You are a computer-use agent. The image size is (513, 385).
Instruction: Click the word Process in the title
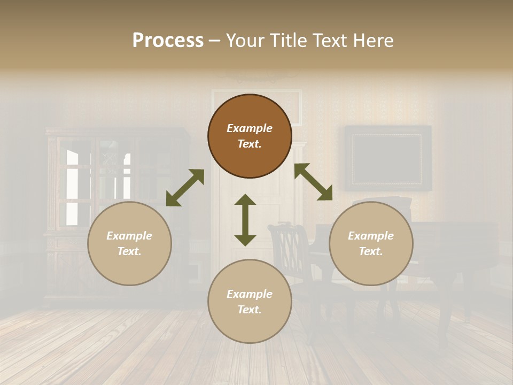click(168, 41)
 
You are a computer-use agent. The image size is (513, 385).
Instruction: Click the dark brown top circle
click(250, 136)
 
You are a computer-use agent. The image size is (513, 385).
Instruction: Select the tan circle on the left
click(129, 243)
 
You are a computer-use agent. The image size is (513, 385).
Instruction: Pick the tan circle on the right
click(371, 243)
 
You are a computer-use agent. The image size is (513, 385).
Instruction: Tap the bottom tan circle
click(250, 301)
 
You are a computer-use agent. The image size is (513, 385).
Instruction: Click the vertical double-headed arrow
click(245, 220)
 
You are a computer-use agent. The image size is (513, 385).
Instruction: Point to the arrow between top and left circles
click(185, 188)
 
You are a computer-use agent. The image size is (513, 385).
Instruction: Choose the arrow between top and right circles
click(313, 182)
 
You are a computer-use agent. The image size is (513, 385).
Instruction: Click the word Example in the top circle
click(250, 128)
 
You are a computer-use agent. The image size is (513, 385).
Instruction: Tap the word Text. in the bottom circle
click(250, 310)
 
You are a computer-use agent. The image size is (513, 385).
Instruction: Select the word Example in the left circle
click(129, 236)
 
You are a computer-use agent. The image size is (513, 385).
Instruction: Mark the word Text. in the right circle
click(371, 251)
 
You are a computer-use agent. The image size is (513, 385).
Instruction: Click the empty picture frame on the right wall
click(387, 158)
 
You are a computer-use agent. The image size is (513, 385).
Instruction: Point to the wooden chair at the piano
click(291, 262)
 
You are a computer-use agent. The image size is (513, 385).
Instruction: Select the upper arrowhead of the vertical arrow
click(245, 200)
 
